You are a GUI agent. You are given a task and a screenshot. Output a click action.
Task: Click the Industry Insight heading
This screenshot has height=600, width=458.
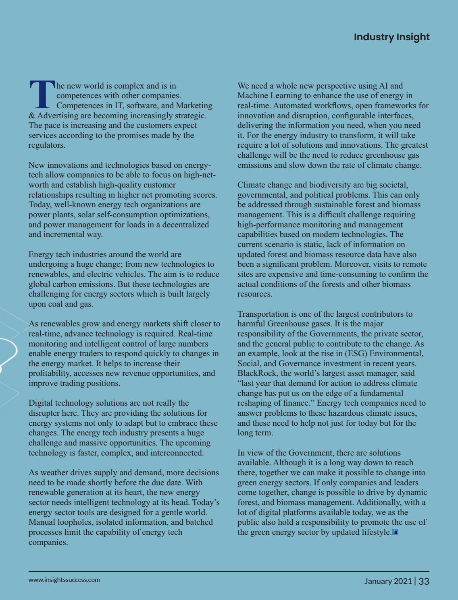tap(391, 37)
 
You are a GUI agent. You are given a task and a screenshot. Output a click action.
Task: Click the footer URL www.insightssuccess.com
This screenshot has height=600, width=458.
tap(64, 580)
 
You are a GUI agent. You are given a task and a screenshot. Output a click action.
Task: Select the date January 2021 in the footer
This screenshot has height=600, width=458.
tap(388, 581)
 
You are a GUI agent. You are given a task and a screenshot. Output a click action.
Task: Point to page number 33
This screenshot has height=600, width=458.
tap(424, 581)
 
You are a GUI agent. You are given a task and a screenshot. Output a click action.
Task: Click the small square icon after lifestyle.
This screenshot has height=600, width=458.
tap(396, 532)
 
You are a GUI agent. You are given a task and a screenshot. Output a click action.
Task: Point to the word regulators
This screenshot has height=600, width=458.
tap(46, 145)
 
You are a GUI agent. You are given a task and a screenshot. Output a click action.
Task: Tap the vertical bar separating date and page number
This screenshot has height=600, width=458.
tap(415, 581)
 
